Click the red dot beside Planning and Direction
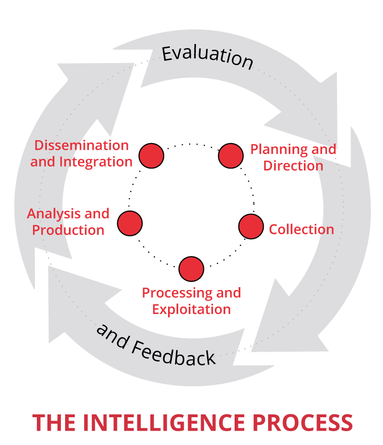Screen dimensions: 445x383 pos(231,156)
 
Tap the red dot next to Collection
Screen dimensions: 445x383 pos(251,226)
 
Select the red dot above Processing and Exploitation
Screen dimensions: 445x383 pos(191,269)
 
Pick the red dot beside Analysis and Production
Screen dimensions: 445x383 pos(130,222)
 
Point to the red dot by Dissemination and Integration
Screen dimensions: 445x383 pos(151,156)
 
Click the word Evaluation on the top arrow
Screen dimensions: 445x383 pos(207,56)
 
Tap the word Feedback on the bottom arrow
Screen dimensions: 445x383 pos(173,350)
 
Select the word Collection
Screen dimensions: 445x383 pos(301,229)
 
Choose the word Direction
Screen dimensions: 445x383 pos(293,166)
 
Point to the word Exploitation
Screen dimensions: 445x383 pos(191,309)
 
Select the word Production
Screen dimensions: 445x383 pos(68,230)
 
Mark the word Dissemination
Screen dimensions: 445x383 pos(82,145)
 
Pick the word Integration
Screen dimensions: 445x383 pos(95,162)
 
